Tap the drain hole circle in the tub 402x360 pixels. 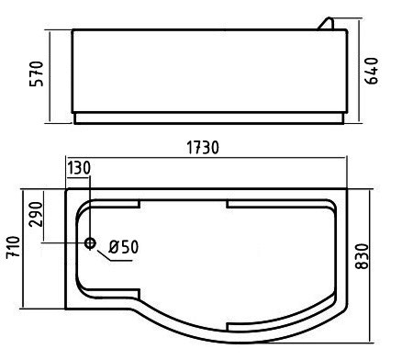[90, 243]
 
